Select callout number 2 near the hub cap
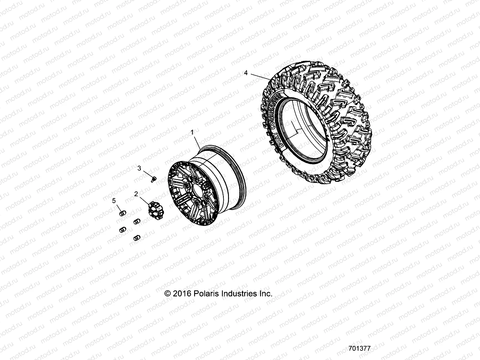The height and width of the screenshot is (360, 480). coord(136,194)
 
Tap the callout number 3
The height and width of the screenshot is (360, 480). coord(139,168)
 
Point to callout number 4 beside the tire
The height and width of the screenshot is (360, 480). coord(246,73)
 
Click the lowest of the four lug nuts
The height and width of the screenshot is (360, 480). coord(137,238)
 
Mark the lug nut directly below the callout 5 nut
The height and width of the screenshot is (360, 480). coord(123,229)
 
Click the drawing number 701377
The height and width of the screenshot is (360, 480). coord(360,349)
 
